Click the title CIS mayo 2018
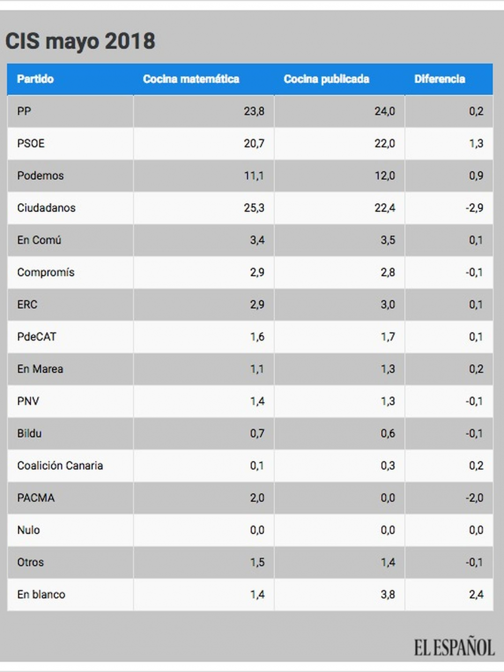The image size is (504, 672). tap(80, 42)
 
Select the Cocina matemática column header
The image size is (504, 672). tap(191, 79)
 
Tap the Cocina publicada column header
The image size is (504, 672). tap(327, 79)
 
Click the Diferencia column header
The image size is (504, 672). tap(440, 79)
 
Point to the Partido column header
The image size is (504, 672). tap(35, 79)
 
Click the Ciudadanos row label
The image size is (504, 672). tap(46, 208)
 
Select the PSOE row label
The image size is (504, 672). tap(31, 144)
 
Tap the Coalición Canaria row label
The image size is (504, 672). tap(60, 466)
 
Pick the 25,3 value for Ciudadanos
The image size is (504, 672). tap(254, 208)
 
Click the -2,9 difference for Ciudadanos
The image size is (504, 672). tap(474, 208)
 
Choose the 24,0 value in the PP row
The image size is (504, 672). tap(385, 112)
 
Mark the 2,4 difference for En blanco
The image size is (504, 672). tap(476, 594)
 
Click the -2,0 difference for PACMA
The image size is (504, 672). tap(474, 498)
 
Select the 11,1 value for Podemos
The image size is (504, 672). tap(254, 176)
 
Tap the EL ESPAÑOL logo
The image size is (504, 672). tap(454, 647)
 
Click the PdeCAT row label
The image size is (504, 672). tap(36, 337)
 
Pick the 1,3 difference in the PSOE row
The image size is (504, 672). tap(476, 144)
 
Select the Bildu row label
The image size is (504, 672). tap(29, 433)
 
